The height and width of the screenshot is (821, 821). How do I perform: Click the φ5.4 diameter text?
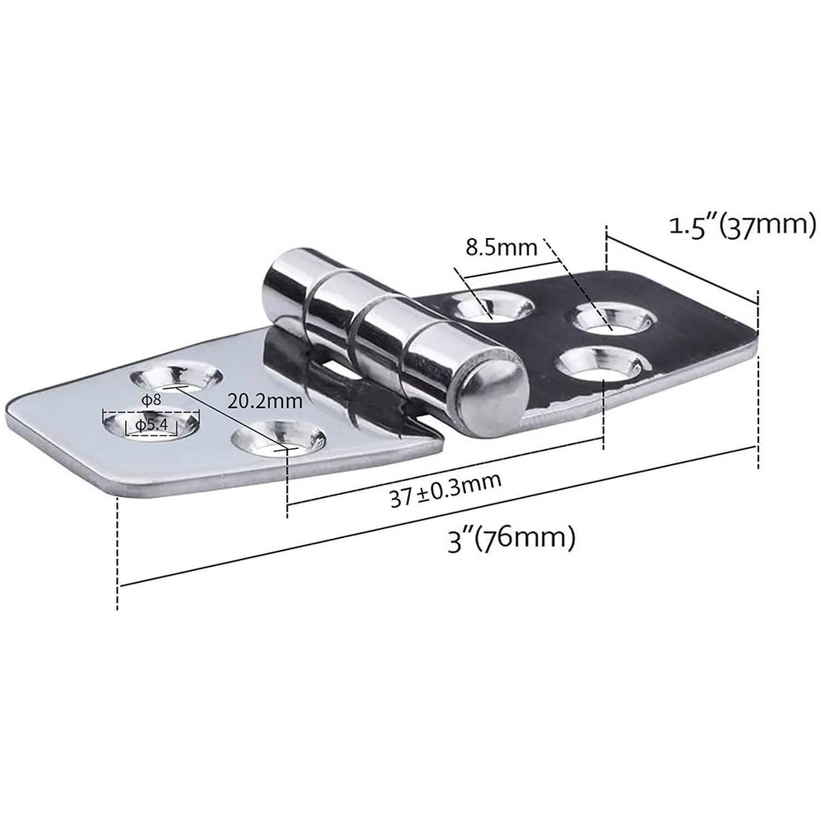click(151, 424)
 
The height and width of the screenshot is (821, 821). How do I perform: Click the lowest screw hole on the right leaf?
click(597, 366)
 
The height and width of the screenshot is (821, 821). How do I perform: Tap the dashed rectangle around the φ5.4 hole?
click(151, 423)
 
